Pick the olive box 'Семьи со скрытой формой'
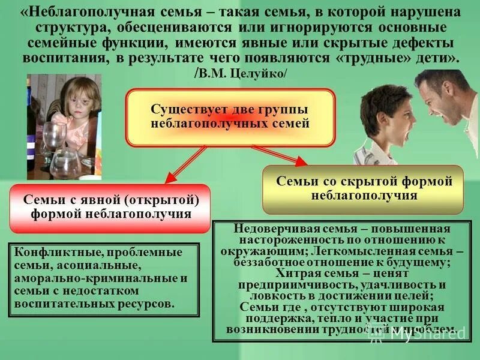pos(364,188)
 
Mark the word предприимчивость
pos(290,284)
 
